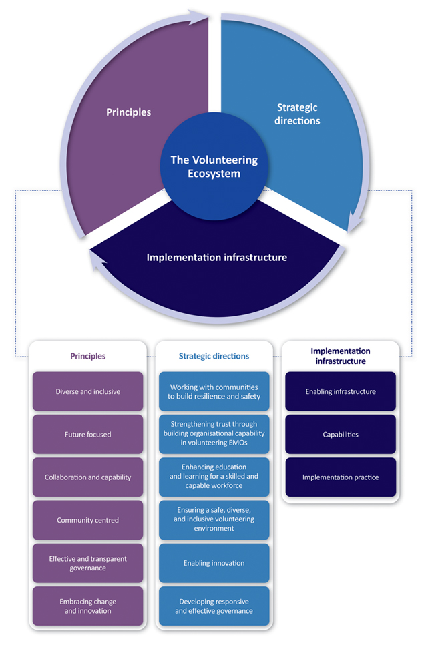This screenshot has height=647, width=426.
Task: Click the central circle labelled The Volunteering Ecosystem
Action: coord(214,166)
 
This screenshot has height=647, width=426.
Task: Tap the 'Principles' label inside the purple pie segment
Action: coord(128,112)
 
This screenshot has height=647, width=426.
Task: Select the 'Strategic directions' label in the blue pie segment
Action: coord(297,114)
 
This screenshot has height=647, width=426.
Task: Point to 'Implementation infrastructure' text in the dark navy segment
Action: coord(217,258)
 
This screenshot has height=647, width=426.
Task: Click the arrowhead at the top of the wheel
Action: coord(201,16)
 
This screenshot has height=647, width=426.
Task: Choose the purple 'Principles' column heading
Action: coord(88,356)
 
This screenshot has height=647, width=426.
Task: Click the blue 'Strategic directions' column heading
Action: coord(214,356)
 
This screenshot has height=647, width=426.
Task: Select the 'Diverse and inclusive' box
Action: coord(88,391)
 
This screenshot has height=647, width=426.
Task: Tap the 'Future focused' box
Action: coord(88,434)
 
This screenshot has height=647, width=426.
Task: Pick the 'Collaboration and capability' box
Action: coord(88,477)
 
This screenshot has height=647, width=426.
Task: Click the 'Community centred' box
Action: coord(88,520)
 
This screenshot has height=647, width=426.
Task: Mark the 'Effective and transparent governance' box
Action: coord(88,563)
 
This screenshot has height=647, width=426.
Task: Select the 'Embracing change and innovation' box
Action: coord(88,606)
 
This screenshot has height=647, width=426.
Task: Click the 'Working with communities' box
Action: coord(214,391)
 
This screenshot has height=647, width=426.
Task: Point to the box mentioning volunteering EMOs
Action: coord(214,434)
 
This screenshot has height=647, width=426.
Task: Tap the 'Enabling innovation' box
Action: coord(214,563)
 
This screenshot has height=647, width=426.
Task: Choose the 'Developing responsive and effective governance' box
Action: coord(214,606)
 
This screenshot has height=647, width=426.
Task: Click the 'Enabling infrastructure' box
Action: coord(341,391)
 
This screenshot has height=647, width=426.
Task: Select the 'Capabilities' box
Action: coord(341,434)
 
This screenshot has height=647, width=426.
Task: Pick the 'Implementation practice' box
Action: coord(341,477)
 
